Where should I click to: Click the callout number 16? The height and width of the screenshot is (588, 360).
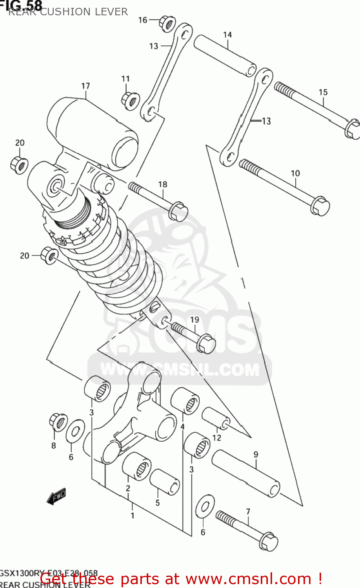tap(143, 20)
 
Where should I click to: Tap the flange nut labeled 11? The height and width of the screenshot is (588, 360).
tap(130, 101)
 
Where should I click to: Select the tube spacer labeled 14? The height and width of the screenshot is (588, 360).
tap(225, 55)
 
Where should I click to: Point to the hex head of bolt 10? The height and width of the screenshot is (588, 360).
tap(320, 206)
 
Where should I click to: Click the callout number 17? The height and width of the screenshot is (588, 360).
tap(85, 86)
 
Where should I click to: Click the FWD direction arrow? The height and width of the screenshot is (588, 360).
tap(56, 497)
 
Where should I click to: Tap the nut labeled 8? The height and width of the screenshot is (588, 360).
tap(58, 422)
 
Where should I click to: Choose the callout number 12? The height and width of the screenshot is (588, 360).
tap(217, 437)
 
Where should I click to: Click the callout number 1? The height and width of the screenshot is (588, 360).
tap(133, 515)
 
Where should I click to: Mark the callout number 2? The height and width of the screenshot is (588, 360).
tap(128, 488)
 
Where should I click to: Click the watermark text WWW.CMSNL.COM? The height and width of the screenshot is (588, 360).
tap(180, 370)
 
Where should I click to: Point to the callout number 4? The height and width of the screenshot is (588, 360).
tap(182, 426)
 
